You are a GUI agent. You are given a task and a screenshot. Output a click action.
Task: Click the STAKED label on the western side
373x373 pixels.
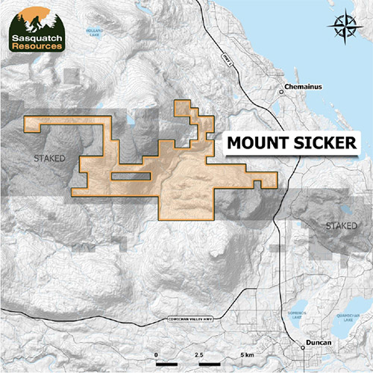[x=50, y=159]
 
